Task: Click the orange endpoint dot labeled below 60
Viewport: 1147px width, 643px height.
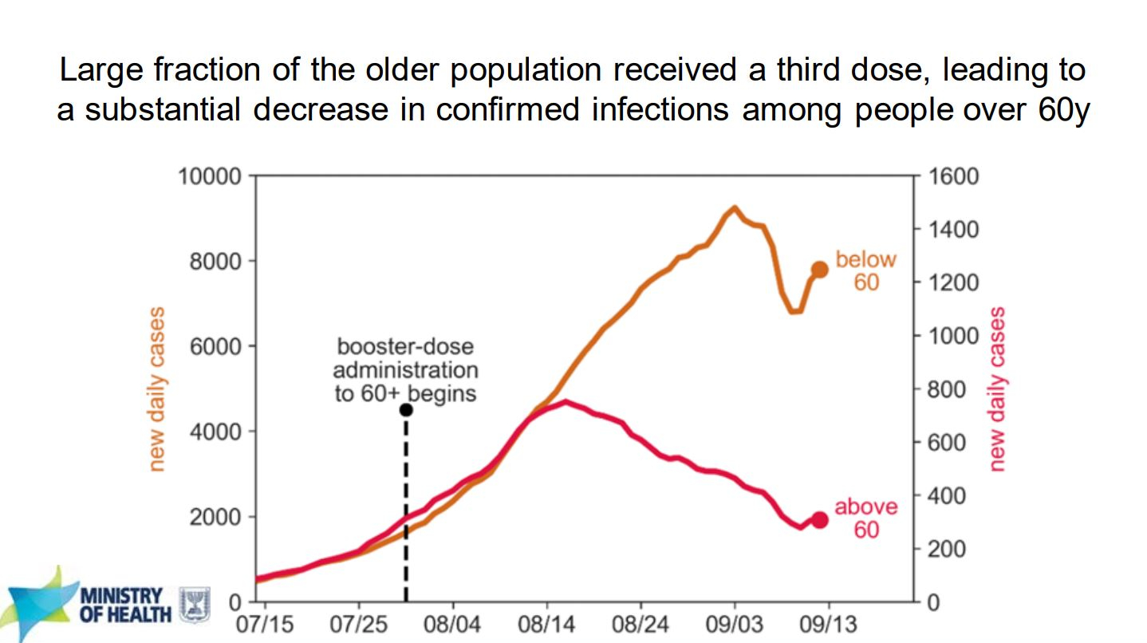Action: tap(819, 270)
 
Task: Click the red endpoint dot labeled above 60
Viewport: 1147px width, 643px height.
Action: tap(819, 519)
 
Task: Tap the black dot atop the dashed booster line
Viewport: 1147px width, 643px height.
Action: tap(405, 409)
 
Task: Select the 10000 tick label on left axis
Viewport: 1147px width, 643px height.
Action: tap(210, 176)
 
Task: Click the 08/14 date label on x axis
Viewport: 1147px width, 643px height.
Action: tap(546, 623)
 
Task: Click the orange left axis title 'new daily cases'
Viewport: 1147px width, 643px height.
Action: tap(157, 389)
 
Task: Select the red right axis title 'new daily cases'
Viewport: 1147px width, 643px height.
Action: tap(997, 389)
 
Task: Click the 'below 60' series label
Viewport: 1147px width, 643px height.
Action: tap(865, 270)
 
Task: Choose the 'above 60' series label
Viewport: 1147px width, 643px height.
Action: tap(865, 518)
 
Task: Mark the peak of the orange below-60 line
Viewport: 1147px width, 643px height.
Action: tap(734, 208)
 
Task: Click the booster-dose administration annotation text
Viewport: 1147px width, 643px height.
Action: tap(405, 370)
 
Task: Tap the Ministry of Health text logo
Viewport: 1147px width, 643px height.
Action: tap(125, 606)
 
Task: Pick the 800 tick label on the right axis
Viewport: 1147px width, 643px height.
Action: tap(949, 389)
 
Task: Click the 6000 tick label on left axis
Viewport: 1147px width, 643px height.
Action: tap(215, 346)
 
